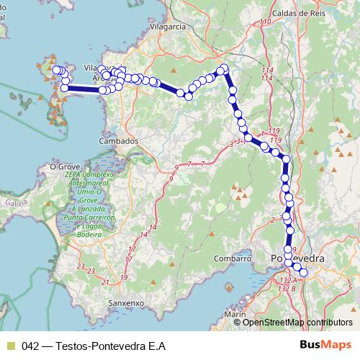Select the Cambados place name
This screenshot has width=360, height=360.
(118, 141)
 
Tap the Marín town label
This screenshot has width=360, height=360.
(235, 315)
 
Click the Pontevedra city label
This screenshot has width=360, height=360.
(297, 258)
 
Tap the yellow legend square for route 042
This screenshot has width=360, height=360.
(10, 345)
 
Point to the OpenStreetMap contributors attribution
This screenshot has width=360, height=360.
(297, 322)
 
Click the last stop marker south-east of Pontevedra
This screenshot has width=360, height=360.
(303, 272)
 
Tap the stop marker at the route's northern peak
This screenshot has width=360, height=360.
(224, 68)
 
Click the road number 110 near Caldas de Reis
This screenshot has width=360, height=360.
(266, 22)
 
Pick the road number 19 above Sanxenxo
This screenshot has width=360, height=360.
(124, 277)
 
